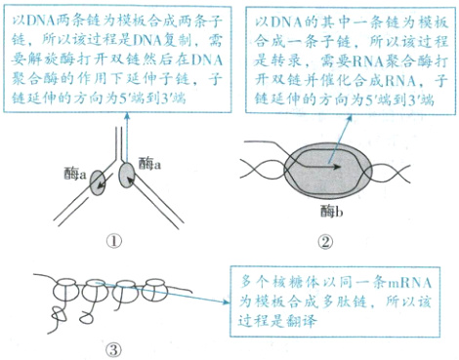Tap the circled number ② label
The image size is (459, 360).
coord(324,242)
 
